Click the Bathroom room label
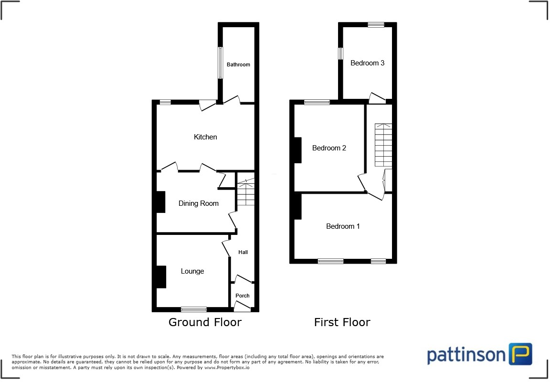click(x=238, y=64)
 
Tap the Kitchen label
click(x=205, y=137)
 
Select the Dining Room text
click(x=199, y=203)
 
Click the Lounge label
click(x=192, y=271)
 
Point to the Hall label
click(x=243, y=252)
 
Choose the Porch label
click(x=243, y=296)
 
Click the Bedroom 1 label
click(x=343, y=226)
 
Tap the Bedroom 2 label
click(x=329, y=148)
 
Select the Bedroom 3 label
click(x=368, y=63)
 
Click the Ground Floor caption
click(x=205, y=322)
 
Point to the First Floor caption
click(x=342, y=322)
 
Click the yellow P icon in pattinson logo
click(x=520, y=354)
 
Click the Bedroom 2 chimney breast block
click(x=297, y=150)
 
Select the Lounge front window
click(x=194, y=309)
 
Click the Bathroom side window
click(x=220, y=63)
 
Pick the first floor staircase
click(x=383, y=145)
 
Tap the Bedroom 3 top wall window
click(x=376, y=25)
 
